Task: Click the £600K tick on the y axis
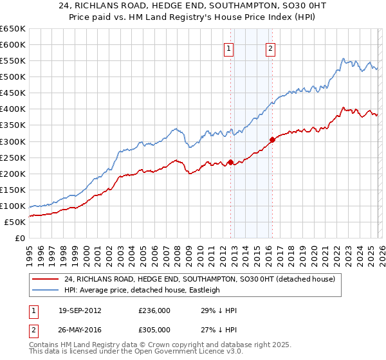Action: pos(13,44)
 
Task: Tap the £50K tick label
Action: pos(15,222)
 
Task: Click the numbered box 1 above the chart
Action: pos(229,48)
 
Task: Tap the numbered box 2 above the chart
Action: pos(270,48)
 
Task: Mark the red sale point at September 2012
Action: pos(230,162)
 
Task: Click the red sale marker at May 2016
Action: pos(272,139)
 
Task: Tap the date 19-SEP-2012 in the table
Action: pos(80,310)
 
